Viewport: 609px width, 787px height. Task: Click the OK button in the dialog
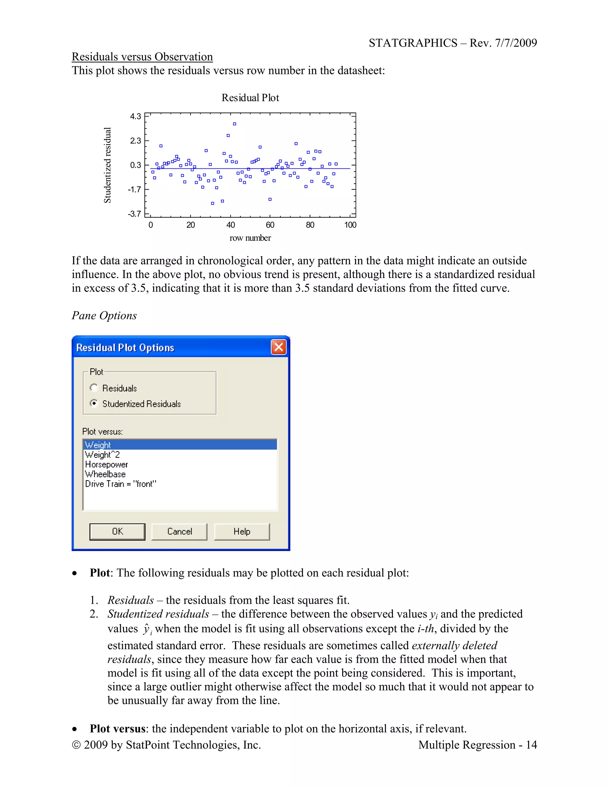click(117, 532)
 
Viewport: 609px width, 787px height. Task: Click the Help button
click(242, 532)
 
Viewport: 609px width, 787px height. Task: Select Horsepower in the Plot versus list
click(106, 464)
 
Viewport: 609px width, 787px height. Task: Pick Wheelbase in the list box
click(105, 474)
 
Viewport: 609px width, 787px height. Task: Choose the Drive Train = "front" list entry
click(120, 484)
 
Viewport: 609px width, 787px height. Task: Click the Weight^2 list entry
click(103, 455)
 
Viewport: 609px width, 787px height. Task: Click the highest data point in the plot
click(235, 124)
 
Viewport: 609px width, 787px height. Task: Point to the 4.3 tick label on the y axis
click(136, 116)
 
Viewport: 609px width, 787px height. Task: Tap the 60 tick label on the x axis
click(270, 225)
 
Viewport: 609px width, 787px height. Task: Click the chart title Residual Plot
click(250, 98)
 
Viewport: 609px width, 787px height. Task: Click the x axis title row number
click(250, 238)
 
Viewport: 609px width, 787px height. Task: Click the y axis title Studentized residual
click(108, 165)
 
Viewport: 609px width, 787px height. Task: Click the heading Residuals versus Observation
click(142, 57)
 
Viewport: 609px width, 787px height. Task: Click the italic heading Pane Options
click(104, 316)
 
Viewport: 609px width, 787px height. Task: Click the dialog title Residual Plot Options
click(125, 348)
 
